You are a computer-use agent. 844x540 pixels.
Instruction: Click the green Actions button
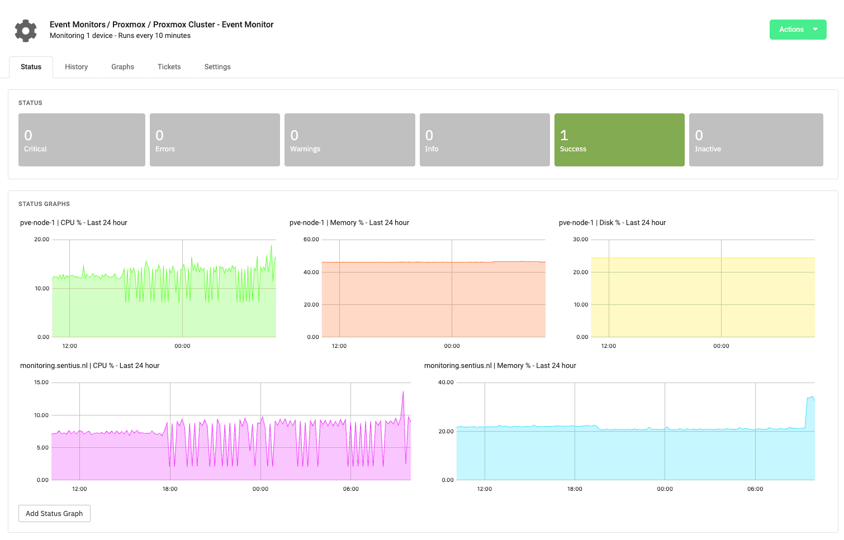tap(797, 30)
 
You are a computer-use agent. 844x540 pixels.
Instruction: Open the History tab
tap(76, 67)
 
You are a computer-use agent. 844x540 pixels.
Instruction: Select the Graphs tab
tap(122, 67)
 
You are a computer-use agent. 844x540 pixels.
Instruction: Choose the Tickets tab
tap(169, 67)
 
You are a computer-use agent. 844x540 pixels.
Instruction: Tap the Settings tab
tap(217, 67)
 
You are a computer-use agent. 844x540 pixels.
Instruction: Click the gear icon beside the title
tap(26, 31)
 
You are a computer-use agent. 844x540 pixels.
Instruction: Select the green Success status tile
tap(619, 140)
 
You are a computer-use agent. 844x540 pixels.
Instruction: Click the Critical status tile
tap(82, 140)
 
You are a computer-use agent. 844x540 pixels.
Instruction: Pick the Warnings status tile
tap(349, 140)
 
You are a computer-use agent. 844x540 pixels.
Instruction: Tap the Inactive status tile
tap(756, 140)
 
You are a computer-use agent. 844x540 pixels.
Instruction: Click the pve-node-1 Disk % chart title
tap(612, 223)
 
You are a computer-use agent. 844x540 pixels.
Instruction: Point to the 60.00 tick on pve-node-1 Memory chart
tap(311, 240)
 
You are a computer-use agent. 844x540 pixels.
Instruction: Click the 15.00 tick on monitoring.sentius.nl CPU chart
tap(41, 383)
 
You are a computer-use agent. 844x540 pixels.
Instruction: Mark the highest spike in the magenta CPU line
tap(403, 392)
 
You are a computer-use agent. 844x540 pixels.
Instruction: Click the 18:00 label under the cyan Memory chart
tap(575, 489)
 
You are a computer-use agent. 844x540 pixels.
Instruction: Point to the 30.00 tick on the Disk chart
tap(581, 240)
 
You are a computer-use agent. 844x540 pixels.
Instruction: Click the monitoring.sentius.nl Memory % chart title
tap(500, 366)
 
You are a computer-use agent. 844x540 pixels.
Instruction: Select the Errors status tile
tap(215, 140)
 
